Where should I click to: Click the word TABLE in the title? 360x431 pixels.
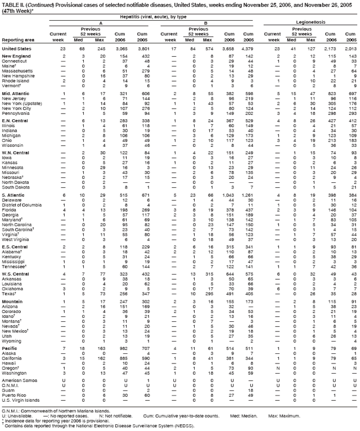click(x=11, y=3)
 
